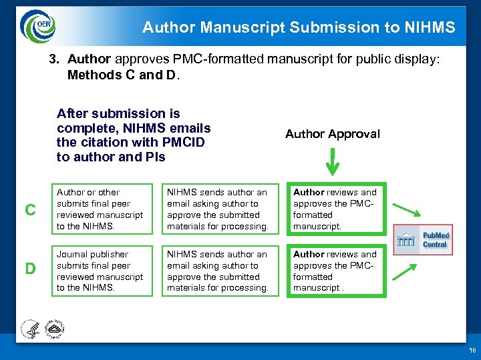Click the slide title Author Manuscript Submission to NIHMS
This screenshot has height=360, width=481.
[x=299, y=27]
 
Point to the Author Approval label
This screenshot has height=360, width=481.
[x=332, y=134]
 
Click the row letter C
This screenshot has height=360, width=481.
[x=30, y=210]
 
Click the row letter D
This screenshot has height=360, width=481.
[x=30, y=269]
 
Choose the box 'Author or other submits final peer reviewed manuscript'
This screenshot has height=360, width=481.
[x=100, y=209]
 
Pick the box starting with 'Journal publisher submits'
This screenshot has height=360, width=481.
[x=100, y=271]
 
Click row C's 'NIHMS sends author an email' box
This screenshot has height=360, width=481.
[x=218, y=209]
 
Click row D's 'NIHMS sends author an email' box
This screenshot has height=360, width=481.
[x=218, y=271]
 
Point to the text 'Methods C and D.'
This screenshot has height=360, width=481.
[x=124, y=75]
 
